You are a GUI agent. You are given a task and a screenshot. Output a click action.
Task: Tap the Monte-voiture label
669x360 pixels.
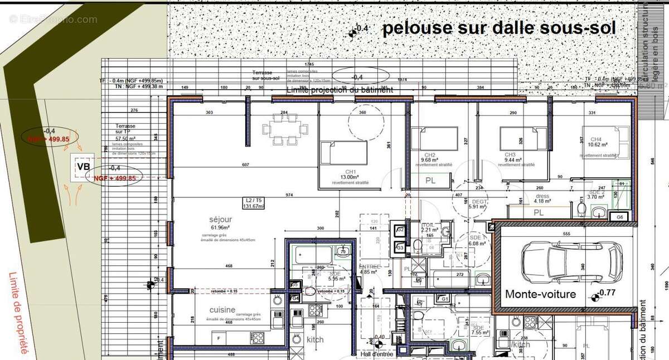(540, 294)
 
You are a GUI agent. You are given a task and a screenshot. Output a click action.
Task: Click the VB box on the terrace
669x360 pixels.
(84, 167)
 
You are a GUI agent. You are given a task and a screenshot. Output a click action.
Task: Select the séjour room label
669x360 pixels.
(220, 220)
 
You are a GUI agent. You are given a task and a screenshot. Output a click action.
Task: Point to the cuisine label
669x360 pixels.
(222, 310)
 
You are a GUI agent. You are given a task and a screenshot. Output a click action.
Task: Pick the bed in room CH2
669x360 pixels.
(434, 138)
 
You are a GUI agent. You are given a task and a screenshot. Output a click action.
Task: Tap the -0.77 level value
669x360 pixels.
(608, 293)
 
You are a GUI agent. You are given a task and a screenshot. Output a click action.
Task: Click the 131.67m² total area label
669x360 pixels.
(253, 203)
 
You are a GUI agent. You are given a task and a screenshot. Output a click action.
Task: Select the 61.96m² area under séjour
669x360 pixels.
(221, 227)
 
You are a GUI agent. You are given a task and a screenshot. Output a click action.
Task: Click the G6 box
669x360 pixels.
(619, 216)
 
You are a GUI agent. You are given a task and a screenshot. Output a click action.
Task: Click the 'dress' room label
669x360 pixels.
(542, 196)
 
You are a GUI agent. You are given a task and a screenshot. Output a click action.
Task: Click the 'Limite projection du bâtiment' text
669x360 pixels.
(339, 89)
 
